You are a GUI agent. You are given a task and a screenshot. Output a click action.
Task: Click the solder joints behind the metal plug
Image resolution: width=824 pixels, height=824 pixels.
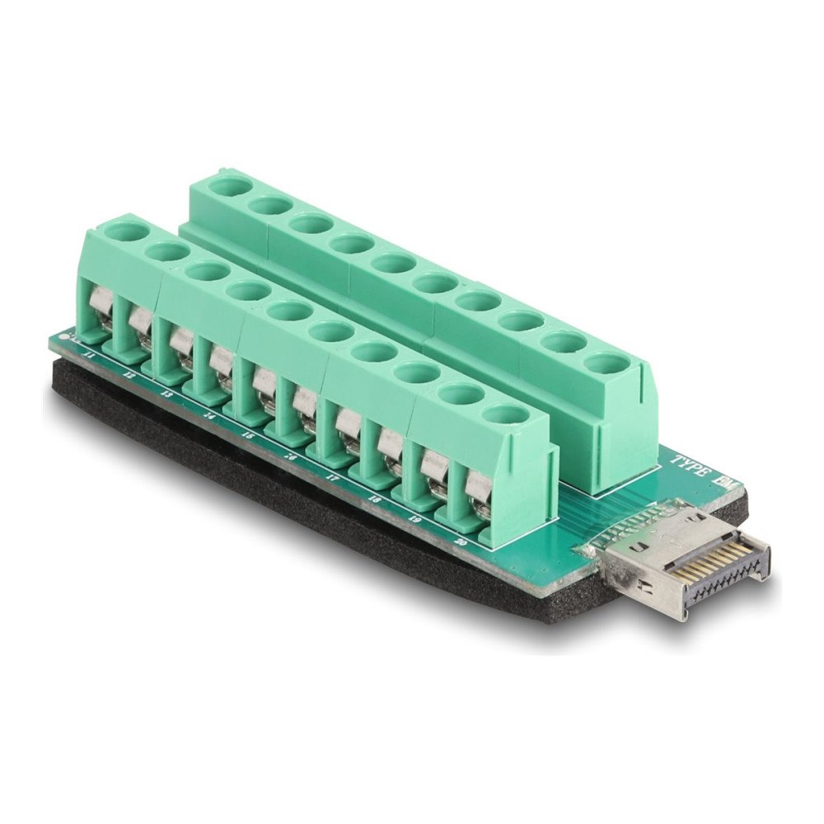pyautogui.click(x=610, y=544)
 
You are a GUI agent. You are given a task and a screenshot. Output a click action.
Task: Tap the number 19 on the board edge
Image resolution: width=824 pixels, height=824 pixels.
pyautogui.click(x=414, y=518)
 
